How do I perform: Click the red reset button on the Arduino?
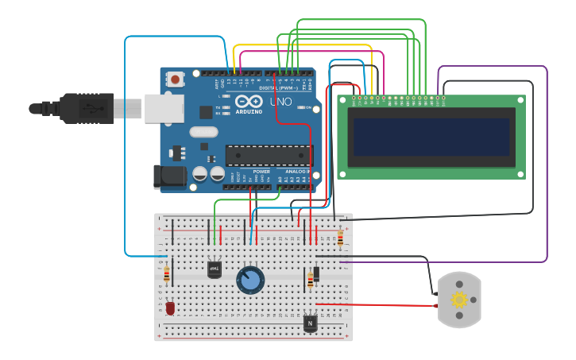pos(175,79)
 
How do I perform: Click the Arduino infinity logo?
pos(248,103)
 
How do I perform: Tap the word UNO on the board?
pos(280,103)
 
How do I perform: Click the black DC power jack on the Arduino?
pos(168,176)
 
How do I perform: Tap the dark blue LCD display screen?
pos(431,137)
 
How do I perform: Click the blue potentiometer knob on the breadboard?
pos(250,280)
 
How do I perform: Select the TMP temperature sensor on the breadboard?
pos(214,269)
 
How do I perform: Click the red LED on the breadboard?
pos(170,308)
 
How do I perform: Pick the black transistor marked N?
pos(310,323)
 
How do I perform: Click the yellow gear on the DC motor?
pos(459,300)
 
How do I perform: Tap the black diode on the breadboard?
pos(316,273)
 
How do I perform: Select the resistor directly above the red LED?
pos(166,274)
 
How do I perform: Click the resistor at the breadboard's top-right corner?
pos(341,238)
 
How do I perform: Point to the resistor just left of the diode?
pos(310,280)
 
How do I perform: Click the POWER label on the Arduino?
pos(261,172)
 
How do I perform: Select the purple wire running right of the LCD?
pos(547,159)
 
